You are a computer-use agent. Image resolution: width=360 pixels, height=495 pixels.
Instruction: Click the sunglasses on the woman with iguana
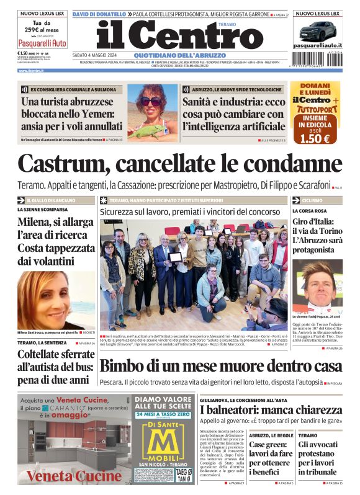point(151,100)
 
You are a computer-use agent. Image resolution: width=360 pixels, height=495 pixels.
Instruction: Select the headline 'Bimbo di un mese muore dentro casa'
point(220,366)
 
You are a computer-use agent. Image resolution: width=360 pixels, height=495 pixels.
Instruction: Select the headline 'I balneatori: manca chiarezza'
point(271,410)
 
